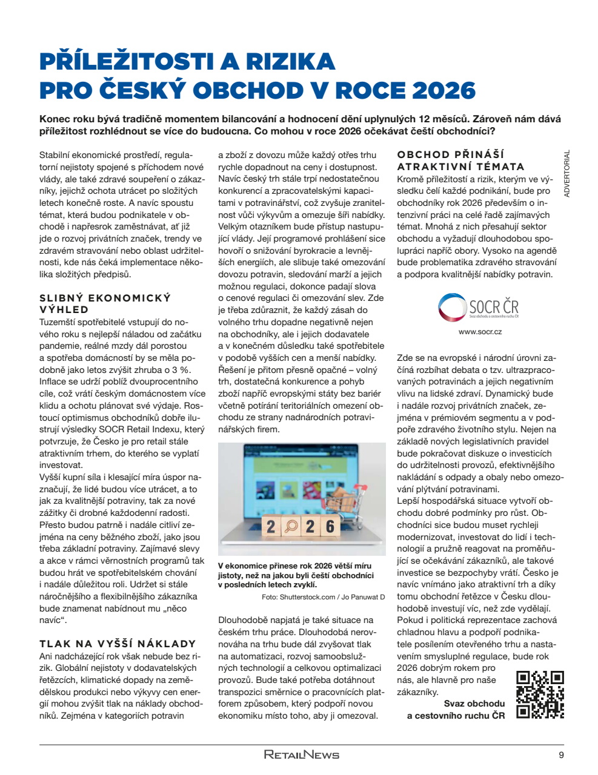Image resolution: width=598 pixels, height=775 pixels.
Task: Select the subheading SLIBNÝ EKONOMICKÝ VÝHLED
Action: [x=105, y=303]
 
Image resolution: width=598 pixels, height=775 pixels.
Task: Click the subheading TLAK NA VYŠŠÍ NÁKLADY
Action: [x=118, y=644]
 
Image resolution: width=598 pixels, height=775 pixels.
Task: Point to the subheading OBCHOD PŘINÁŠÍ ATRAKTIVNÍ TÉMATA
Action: [x=460, y=160]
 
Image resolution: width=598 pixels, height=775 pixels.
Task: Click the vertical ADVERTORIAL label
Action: [x=567, y=174]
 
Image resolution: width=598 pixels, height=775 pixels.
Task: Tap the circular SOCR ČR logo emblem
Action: [x=452, y=307]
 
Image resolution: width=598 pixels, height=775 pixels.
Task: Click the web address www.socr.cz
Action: [x=480, y=332]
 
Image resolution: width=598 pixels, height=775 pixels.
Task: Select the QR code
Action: [x=540, y=694]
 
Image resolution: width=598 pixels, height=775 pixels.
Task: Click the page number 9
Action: [x=561, y=755]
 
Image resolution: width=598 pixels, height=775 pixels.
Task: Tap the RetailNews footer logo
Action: [x=301, y=755]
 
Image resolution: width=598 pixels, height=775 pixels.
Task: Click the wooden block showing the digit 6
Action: [x=330, y=526]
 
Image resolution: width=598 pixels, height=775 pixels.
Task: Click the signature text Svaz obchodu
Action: [x=474, y=704]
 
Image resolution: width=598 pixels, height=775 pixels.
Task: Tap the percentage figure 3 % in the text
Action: [x=181, y=369]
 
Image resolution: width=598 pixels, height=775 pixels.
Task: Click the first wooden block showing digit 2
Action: [x=271, y=527]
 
